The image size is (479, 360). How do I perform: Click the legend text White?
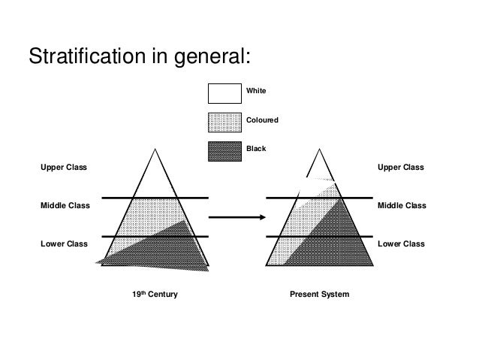(256, 92)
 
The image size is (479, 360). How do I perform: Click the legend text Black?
(255, 149)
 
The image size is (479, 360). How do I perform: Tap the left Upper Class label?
(63, 167)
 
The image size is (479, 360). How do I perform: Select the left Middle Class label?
(64, 205)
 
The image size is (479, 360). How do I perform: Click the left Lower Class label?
(63, 244)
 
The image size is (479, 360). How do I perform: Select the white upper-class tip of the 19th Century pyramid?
(155, 177)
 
